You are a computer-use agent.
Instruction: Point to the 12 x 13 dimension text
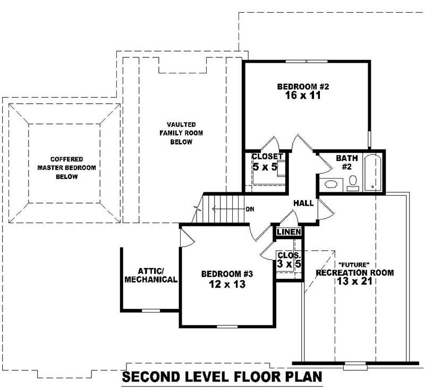click(x=227, y=284)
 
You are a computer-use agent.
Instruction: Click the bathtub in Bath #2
click(x=372, y=173)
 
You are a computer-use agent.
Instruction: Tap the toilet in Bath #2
click(x=352, y=183)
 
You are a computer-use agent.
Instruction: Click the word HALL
click(x=303, y=203)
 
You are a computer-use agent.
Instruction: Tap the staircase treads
click(x=223, y=208)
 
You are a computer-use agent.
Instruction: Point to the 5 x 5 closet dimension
click(x=265, y=167)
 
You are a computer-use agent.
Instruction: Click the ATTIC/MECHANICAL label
click(x=150, y=274)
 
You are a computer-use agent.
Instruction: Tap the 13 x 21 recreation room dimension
click(x=354, y=282)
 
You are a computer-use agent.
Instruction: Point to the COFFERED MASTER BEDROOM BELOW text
click(x=66, y=167)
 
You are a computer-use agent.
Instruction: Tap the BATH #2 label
click(x=347, y=162)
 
